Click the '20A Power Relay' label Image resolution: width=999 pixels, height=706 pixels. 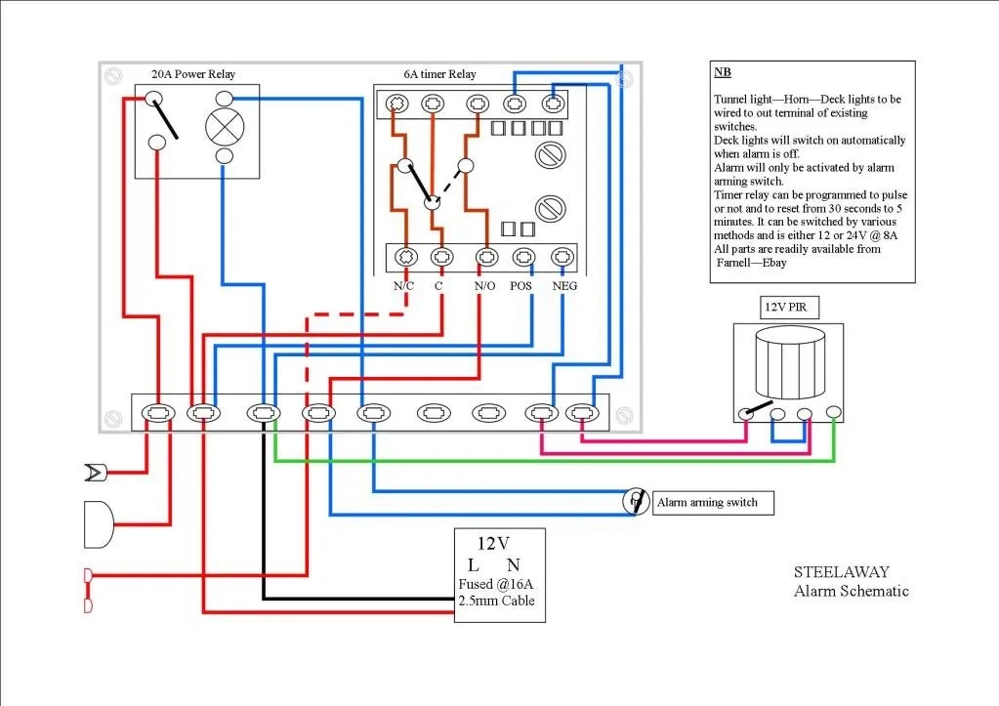[192, 74]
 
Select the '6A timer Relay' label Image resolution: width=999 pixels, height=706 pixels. [439, 74]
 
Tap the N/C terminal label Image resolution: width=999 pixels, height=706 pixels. [404, 286]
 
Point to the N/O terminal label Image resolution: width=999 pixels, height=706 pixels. [483, 286]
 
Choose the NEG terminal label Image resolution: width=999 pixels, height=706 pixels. [564, 286]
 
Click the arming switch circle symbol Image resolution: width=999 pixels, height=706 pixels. [636, 501]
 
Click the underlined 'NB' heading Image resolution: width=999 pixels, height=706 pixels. [722, 72]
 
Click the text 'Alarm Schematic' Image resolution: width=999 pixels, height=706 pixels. [851, 591]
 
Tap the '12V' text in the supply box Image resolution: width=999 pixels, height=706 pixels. [492, 544]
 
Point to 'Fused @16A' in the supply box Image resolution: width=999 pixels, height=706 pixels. [496, 585]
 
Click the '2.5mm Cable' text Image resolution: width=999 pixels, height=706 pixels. [496, 602]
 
